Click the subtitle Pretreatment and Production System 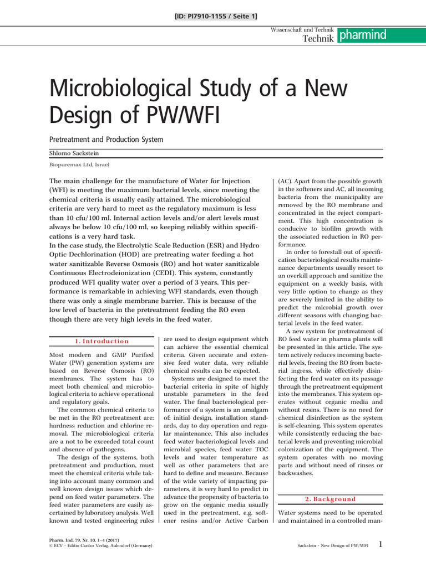coord(106,140)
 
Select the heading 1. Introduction coord(102,341)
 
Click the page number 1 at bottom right coord(380,545)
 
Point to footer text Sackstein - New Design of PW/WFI coord(333,547)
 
